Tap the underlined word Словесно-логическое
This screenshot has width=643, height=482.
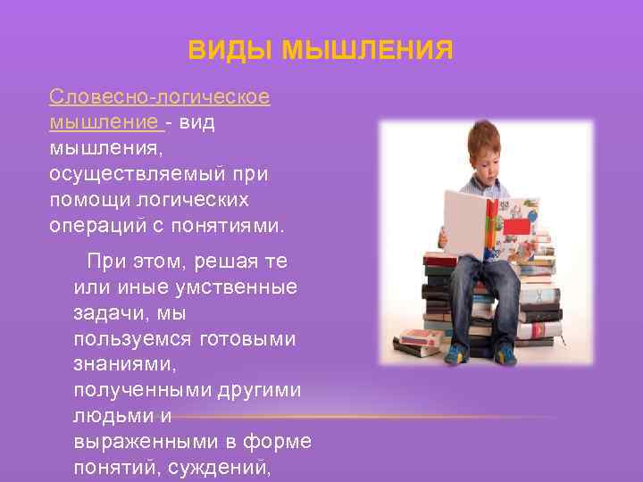click(x=160, y=96)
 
